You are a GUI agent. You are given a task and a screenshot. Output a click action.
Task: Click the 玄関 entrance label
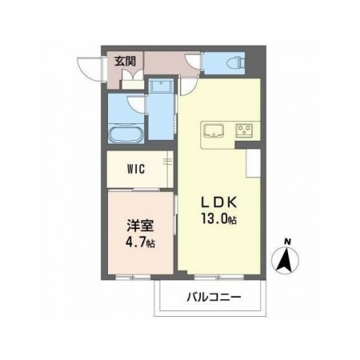125,62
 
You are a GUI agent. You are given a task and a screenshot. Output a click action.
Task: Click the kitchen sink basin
214,130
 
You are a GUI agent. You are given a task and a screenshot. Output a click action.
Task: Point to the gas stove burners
245,130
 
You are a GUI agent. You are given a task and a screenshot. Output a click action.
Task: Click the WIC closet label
136,169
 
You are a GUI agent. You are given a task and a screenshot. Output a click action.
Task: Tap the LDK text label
218,203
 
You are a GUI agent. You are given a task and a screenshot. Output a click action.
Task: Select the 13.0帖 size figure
218,219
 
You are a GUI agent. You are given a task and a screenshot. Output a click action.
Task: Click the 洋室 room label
140,226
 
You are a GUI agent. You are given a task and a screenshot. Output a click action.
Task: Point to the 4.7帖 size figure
140,242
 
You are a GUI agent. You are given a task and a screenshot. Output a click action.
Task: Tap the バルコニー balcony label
214,296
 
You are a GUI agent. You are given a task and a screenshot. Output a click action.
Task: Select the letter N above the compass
287,242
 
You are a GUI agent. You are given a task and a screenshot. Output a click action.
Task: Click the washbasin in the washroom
161,86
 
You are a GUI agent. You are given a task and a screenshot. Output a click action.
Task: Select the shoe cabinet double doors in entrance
133,75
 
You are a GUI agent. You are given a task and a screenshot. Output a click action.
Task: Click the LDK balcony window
218,278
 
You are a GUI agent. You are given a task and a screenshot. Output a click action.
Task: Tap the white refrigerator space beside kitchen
253,163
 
